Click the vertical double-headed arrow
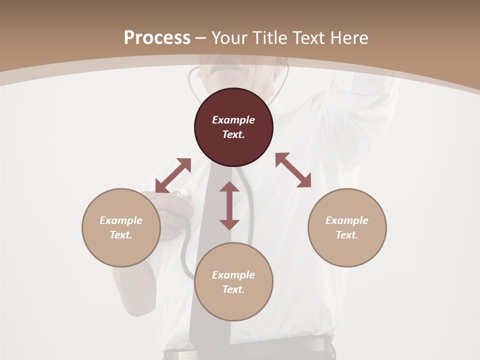tap(229, 205)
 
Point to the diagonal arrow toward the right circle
tap(293, 170)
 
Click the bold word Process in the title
tap(157, 37)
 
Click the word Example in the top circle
tap(233, 120)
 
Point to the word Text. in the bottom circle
tap(233, 289)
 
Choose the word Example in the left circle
tap(121, 220)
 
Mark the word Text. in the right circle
tap(347, 235)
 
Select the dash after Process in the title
tap(201, 38)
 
